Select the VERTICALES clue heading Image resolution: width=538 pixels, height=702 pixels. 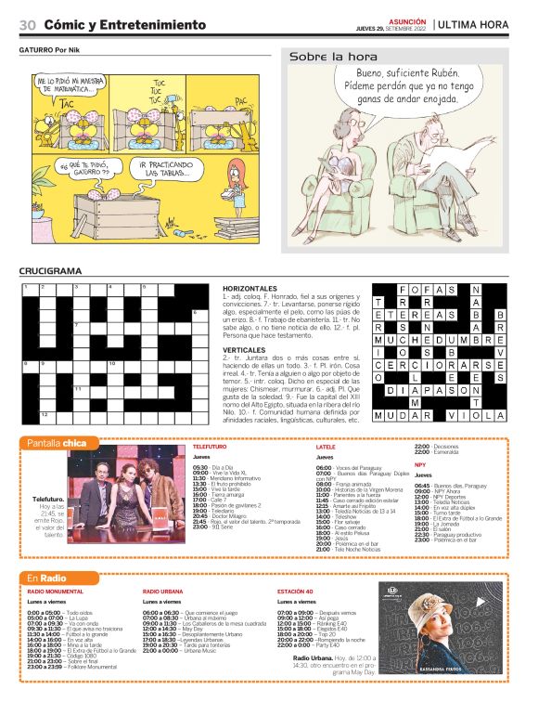(x=245, y=350)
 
